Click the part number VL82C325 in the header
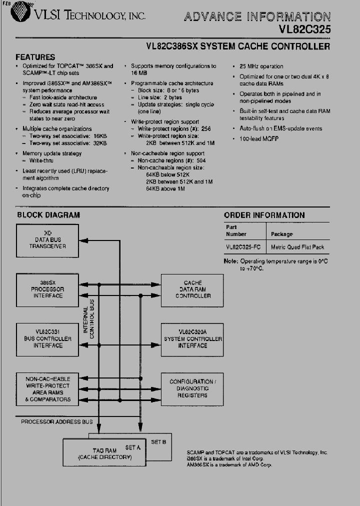click(304, 29)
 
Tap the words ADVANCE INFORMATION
click(257, 17)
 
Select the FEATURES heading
click(35, 57)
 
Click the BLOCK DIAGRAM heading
click(48, 215)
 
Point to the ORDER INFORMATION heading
click(264, 215)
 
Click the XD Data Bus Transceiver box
click(48, 240)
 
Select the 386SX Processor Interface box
click(48, 289)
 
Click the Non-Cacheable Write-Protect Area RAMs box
click(48, 389)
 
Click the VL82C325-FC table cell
click(244, 247)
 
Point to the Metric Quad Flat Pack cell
click(297, 247)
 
